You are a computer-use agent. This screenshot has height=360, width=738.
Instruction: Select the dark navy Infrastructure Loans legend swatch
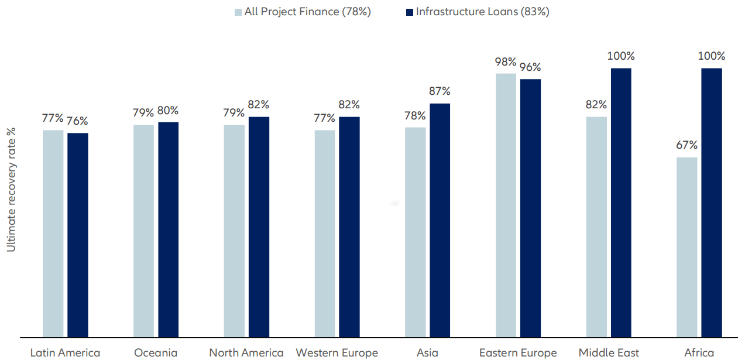[x=409, y=12]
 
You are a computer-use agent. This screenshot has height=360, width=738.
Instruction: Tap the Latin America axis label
[x=65, y=352]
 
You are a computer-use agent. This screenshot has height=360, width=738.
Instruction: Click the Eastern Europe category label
[x=518, y=352]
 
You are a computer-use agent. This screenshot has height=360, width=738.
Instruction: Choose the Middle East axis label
[x=609, y=352]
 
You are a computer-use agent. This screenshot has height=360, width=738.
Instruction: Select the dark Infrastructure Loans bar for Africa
[x=712, y=203]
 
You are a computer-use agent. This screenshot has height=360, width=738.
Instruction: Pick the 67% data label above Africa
[x=687, y=145]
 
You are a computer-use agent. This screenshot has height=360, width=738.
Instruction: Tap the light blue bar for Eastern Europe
[x=506, y=205]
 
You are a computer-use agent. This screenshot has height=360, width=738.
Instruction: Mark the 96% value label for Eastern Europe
[x=530, y=67]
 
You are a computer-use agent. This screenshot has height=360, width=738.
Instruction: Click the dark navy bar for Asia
[x=440, y=220]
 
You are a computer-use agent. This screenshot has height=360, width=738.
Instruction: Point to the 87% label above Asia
[x=440, y=91]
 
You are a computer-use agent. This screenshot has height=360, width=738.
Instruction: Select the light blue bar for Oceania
[x=143, y=231]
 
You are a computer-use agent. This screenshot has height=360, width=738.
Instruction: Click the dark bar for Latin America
[x=78, y=235]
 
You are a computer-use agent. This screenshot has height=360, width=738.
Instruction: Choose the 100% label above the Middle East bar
[x=621, y=56]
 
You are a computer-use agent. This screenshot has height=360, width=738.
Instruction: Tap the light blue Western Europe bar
[x=325, y=234]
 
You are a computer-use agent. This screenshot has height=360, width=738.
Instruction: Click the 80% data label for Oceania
[x=168, y=110]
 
